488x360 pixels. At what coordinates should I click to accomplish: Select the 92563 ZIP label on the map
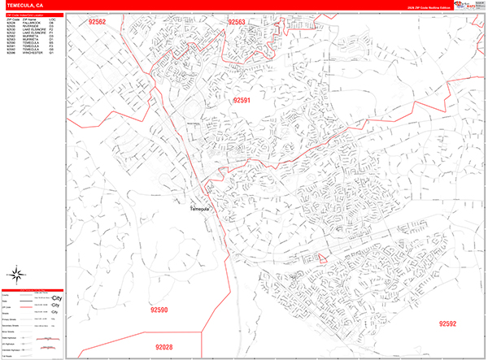point(237,23)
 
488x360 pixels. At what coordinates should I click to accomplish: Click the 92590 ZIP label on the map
point(159,310)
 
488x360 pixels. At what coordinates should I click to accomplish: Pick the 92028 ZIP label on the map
point(162,347)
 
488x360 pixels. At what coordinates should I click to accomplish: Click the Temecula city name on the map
point(200,210)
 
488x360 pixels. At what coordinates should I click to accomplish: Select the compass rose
point(17,274)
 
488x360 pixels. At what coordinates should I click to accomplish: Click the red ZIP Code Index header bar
point(33,15)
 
